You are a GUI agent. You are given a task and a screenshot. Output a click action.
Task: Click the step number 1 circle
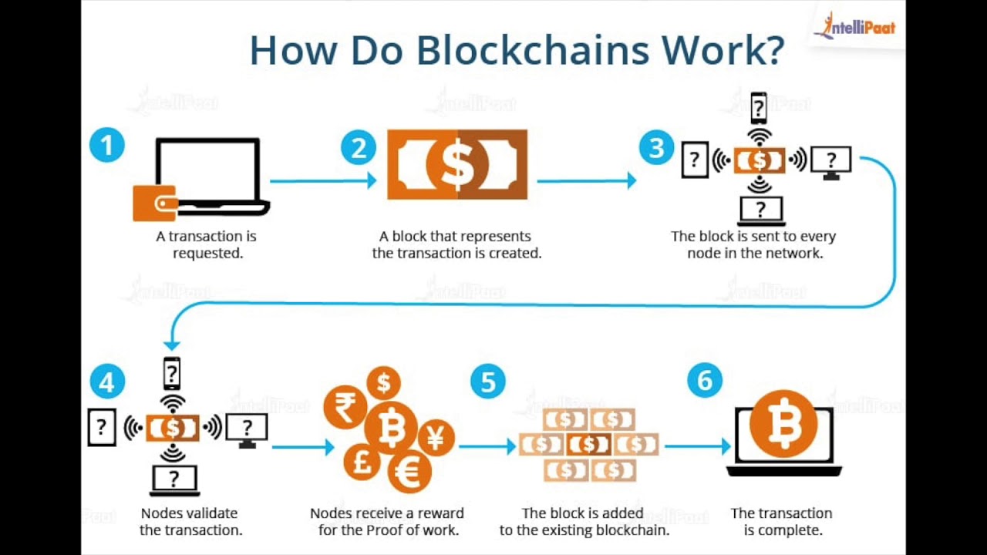107,145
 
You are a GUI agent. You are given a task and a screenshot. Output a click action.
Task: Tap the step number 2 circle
359,146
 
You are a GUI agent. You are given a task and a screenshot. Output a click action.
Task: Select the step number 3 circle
656,146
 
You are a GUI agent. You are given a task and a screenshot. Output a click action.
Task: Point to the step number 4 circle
107,382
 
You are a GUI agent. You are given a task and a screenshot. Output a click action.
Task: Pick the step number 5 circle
488,382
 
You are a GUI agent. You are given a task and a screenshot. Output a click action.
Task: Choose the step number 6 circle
705,380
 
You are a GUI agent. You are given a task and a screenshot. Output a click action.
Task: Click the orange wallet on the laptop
155,203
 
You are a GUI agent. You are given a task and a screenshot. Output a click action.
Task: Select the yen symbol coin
436,439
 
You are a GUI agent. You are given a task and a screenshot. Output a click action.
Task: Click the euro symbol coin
410,472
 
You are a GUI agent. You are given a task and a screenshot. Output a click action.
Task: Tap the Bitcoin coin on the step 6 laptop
783,425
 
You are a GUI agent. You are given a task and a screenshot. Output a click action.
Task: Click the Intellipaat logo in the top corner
854,27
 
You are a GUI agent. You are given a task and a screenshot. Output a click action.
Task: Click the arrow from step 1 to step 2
324,181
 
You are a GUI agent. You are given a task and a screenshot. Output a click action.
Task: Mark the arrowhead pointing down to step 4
172,345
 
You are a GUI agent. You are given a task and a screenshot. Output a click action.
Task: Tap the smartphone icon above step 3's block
760,108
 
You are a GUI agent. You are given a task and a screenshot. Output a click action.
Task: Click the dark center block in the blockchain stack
589,444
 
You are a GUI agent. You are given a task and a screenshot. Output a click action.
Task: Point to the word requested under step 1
207,253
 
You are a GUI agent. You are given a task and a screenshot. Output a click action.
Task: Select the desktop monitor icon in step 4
247,429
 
